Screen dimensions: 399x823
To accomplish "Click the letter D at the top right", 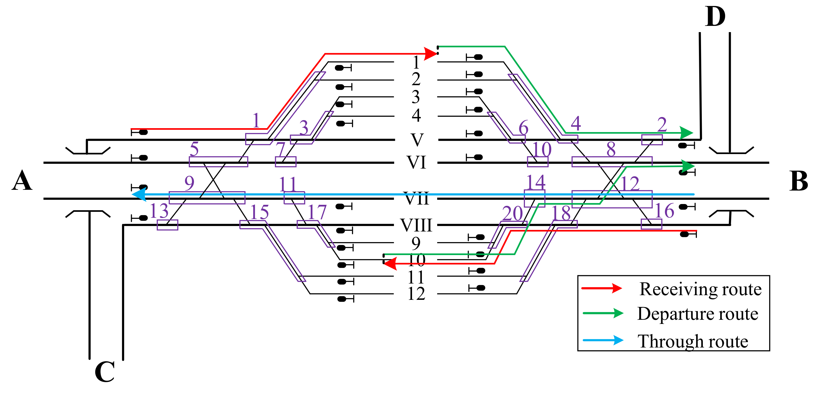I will pyautogui.click(x=715, y=17).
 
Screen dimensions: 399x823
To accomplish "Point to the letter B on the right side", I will pyautogui.click(x=798, y=181).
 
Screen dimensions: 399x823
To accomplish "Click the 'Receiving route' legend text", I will pyautogui.click(x=700, y=289).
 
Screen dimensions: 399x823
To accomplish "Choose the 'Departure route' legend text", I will pyautogui.click(x=698, y=314).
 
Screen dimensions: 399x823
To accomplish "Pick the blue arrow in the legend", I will pyautogui.click(x=603, y=340).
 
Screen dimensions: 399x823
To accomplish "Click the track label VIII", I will pyautogui.click(x=416, y=225).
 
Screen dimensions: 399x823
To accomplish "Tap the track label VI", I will pyautogui.click(x=416, y=162).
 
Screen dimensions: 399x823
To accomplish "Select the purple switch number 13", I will pyautogui.click(x=159, y=211).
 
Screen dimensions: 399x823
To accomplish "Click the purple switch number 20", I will pyautogui.click(x=512, y=213).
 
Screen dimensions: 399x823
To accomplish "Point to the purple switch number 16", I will pyautogui.click(x=664, y=211).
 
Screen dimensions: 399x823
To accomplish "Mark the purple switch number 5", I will pyautogui.click(x=194, y=149).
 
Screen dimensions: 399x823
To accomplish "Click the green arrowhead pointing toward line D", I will pyautogui.click(x=686, y=133).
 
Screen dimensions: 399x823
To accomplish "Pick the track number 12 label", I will pyautogui.click(x=416, y=294).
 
